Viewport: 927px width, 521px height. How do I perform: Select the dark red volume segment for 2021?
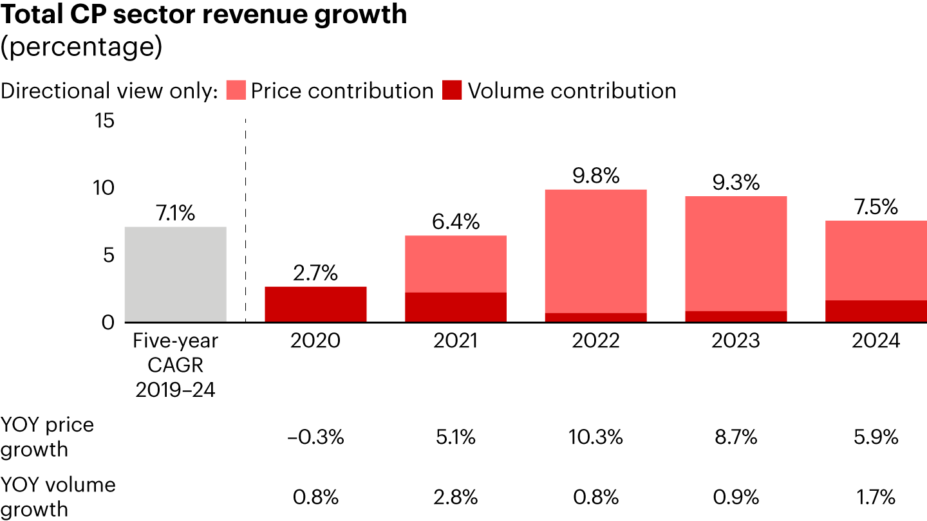pos(456,307)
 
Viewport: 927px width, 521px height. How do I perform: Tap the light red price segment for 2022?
pos(596,251)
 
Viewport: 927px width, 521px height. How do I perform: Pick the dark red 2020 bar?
pos(315,304)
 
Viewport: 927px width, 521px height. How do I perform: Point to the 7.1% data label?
pos(175,214)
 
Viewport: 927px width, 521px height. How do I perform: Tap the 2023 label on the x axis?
pos(736,340)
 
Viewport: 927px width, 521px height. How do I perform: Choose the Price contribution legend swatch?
pos(236,91)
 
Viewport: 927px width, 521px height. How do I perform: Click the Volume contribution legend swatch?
pos(453,91)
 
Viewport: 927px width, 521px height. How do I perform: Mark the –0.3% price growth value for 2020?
pos(315,438)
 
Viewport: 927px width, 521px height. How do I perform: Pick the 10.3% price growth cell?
pos(596,438)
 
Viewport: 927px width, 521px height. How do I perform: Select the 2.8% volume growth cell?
pos(456,497)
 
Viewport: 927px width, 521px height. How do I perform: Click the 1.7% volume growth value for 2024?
pos(876,497)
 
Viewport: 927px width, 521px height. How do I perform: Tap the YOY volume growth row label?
pos(58,497)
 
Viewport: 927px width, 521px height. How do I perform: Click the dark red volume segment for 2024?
pos(876,311)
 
